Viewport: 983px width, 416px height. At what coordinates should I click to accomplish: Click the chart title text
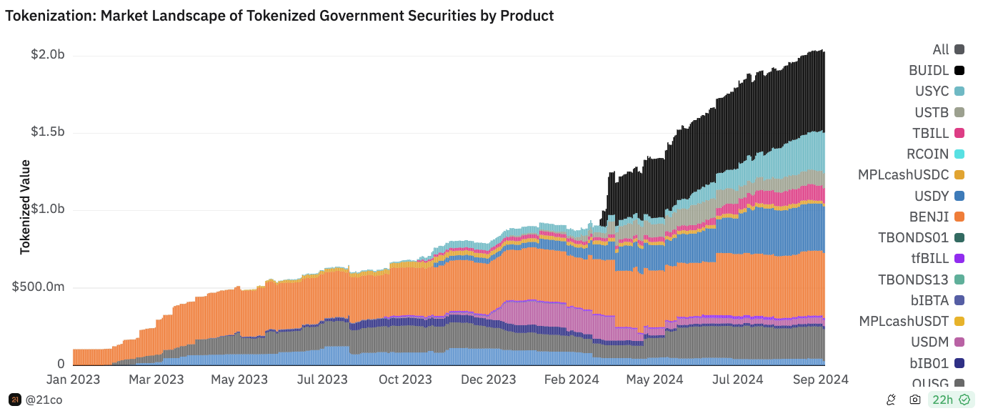coord(279,15)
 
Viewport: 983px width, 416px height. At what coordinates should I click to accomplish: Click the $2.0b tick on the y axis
coord(48,55)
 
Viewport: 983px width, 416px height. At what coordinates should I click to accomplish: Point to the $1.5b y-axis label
coord(48,132)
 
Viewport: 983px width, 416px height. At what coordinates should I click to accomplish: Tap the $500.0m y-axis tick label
coord(40,287)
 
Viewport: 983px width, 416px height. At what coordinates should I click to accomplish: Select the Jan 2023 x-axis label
coord(73,379)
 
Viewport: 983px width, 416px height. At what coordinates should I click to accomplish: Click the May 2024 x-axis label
coord(654,379)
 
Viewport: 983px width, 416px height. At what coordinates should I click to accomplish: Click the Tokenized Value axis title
coord(25,207)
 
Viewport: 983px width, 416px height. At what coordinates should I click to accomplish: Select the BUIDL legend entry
coord(929,70)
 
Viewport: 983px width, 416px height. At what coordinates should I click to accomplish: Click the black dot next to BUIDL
coord(959,70)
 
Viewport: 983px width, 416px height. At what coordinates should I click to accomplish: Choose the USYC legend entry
coord(932,91)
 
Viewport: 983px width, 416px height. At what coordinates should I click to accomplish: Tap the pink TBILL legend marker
coord(959,133)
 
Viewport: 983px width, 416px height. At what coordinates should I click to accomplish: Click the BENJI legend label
coord(929,217)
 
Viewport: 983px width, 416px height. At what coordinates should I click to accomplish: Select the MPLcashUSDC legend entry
coord(903,174)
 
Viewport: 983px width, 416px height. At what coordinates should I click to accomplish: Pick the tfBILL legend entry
coord(931,258)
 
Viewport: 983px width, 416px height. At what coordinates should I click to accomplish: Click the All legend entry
coord(941,49)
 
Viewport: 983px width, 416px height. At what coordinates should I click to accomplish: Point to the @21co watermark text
coord(44,400)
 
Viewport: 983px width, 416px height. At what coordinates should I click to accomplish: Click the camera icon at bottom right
coord(914,400)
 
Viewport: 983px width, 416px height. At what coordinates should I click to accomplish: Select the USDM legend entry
coord(929,342)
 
